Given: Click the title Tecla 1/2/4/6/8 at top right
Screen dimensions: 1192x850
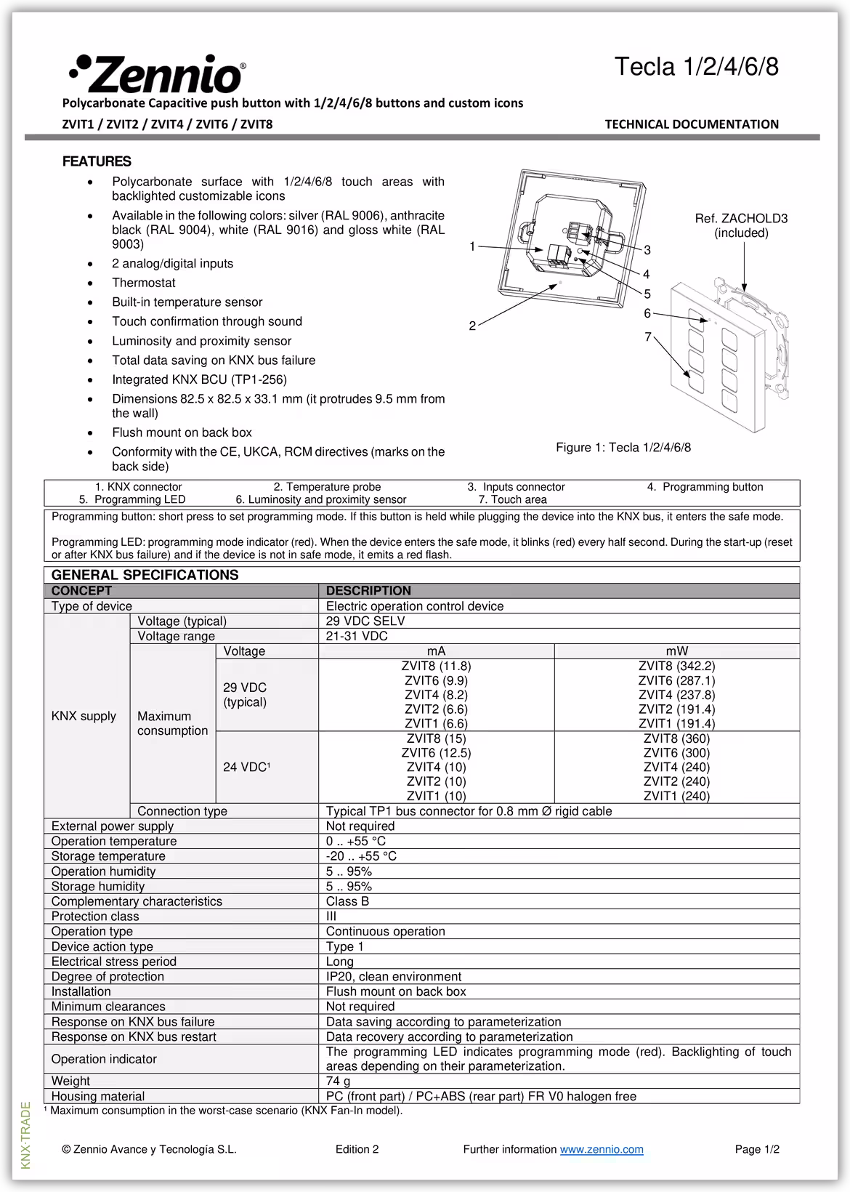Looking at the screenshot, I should tap(696, 67).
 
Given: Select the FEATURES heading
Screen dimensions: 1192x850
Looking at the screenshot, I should tap(97, 161).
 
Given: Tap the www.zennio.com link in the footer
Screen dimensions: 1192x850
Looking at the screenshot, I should tap(602, 1149).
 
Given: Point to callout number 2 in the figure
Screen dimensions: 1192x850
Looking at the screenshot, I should tap(472, 326).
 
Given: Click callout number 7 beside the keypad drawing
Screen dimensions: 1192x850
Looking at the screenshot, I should tap(648, 337).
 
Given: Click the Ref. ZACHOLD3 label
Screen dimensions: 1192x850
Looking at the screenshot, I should tap(741, 219).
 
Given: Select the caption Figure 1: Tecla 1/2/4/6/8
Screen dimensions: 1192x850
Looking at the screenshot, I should tap(623, 448).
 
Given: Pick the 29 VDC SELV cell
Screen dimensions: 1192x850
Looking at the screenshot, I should tap(365, 621).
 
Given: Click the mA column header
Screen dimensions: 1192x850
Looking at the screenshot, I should tap(436, 651).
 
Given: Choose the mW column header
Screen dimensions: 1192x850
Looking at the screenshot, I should tap(676, 651).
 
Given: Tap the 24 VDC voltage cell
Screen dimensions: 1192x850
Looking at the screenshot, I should tap(246, 768).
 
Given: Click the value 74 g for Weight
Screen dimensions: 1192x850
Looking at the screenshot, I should tap(339, 1081).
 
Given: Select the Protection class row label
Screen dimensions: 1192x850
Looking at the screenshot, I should tap(95, 917).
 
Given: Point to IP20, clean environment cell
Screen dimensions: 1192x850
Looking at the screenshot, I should tap(393, 977).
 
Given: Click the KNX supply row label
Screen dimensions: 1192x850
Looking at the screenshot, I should tap(84, 716).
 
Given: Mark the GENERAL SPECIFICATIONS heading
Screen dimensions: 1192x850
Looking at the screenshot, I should tap(145, 575).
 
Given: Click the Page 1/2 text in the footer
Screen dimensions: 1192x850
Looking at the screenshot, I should tap(757, 1149).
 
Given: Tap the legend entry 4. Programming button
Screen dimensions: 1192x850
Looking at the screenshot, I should tap(705, 487).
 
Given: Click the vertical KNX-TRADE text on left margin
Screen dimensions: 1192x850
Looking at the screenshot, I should tap(26, 1135).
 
